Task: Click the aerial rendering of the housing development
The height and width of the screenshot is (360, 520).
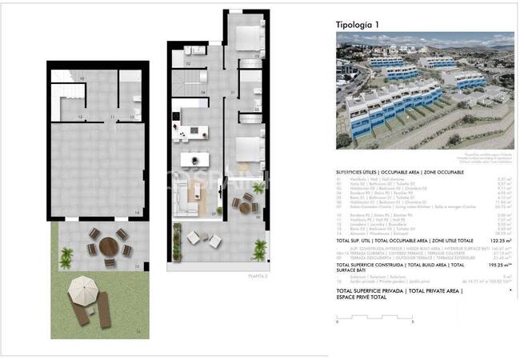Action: coord(424,92)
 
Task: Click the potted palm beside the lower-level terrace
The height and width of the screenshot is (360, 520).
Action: coord(66,256)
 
